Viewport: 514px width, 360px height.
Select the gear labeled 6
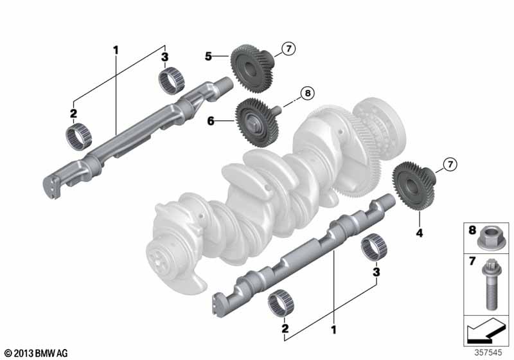click(257, 122)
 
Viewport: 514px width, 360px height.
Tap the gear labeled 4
click(414, 186)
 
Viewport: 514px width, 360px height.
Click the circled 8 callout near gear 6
click(307, 93)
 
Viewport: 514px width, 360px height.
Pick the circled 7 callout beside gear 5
click(288, 49)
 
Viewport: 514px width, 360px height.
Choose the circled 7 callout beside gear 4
click(450, 164)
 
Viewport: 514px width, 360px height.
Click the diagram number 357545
click(488, 352)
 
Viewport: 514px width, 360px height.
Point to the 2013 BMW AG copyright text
click(37, 353)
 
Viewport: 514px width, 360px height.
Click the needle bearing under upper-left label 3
click(171, 80)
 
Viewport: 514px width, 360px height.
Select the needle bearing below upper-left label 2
click(78, 137)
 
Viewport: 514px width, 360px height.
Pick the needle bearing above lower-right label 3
click(374, 248)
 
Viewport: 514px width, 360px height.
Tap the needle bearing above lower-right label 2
click(281, 303)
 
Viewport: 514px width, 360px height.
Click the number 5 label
click(208, 57)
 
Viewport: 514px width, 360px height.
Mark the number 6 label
click(211, 122)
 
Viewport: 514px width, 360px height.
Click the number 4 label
click(420, 233)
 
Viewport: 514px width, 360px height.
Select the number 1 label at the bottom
click(333, 330)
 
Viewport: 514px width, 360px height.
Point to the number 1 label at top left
click(116, 50)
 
